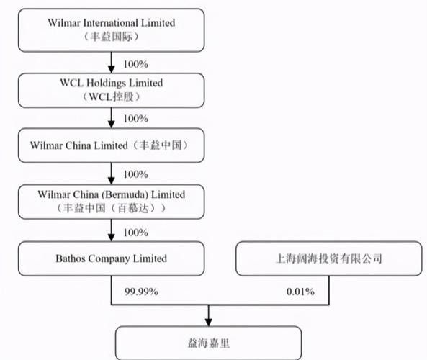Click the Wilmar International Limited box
click(x=111, y=30)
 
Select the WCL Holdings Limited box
click(x=111, y=91)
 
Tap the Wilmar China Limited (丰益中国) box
click(x=111, y=145)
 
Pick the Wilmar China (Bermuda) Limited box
click(x=111, y=202)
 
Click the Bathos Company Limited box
click(x=111, y=258)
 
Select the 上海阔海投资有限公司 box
click(x=329, y=258)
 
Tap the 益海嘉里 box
click(x=209, y=343)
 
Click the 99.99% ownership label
click(x=141, y=292)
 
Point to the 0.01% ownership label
click(x=300, y=292)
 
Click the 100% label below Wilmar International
click(x=135, y=64)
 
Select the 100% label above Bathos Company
click(x=135, y=233)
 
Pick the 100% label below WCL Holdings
click(x=135, y=119)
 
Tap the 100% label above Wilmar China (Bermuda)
click(x=135, y=174)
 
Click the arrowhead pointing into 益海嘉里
click(x=209, y=323)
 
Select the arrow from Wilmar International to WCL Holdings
click(x=111, y=63)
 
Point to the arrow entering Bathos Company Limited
click(x=111, y=230)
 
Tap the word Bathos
click(x=71, y=258)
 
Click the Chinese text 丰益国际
click(x=111, y=37)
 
